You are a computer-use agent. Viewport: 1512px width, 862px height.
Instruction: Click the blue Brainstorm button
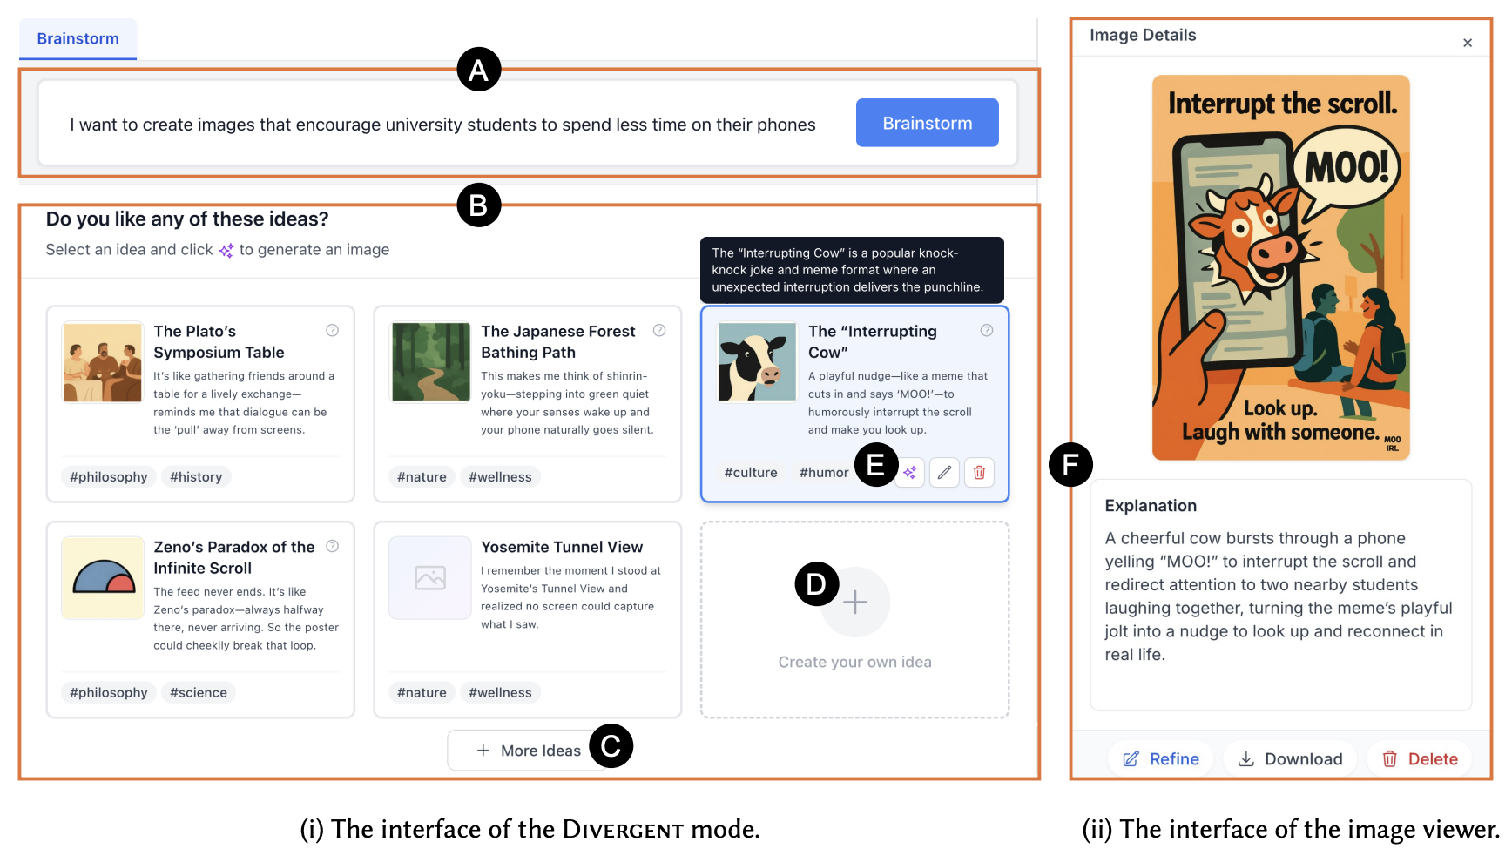927,123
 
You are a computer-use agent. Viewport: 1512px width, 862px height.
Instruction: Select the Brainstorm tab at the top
78,39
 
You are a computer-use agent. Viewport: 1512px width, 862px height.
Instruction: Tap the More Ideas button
529,751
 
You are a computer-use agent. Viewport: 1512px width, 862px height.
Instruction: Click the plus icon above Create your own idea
855,602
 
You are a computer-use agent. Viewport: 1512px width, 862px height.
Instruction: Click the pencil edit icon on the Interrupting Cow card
944,472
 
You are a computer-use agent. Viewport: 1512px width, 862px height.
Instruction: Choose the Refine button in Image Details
1161,759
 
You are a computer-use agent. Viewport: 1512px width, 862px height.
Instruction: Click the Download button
1291,759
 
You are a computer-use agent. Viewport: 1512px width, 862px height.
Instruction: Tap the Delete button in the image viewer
1420,759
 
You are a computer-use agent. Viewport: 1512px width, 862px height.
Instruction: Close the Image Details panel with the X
1468,43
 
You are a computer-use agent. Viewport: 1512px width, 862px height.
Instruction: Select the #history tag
196,477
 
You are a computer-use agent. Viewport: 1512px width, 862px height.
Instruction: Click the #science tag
199,693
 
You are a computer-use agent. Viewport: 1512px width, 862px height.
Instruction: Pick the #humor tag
824,473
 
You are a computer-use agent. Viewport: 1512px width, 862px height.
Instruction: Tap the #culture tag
751,473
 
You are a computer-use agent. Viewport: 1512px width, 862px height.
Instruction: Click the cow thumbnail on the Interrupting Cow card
757,362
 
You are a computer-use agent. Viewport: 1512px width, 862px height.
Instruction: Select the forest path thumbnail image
430,362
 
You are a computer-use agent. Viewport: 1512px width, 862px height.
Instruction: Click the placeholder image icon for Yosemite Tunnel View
430,577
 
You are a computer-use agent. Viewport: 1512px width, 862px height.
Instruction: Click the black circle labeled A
479,70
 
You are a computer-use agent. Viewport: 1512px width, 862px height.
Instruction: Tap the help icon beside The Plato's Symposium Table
332,330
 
